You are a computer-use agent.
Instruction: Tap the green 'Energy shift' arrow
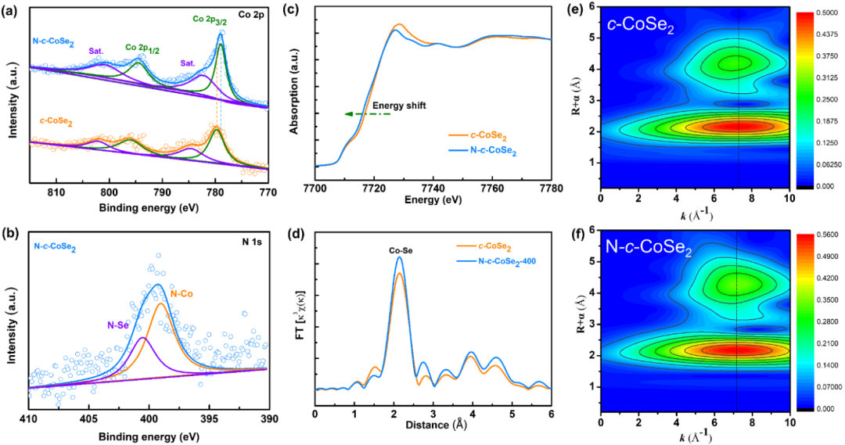367,114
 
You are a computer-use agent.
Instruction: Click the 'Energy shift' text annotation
399,105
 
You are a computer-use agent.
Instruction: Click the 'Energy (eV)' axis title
433,201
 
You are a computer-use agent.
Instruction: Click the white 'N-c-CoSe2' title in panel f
648,250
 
